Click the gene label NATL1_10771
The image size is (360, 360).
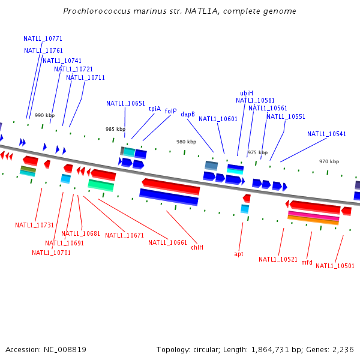43,38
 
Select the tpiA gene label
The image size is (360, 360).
155,109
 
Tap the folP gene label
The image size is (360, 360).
170,111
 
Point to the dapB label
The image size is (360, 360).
188,114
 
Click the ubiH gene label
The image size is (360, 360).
247,93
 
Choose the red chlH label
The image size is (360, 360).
197,247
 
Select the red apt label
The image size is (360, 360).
239,254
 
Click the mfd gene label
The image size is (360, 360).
307,262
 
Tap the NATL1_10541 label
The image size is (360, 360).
326,134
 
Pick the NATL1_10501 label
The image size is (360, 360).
335,266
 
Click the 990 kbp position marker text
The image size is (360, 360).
44,115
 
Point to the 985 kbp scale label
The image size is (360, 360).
115,129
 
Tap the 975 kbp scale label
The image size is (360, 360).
257,152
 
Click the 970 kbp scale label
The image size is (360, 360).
329,161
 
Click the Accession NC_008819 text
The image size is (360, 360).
46,349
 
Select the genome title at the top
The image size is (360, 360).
179,11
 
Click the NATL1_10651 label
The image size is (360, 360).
126,103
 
